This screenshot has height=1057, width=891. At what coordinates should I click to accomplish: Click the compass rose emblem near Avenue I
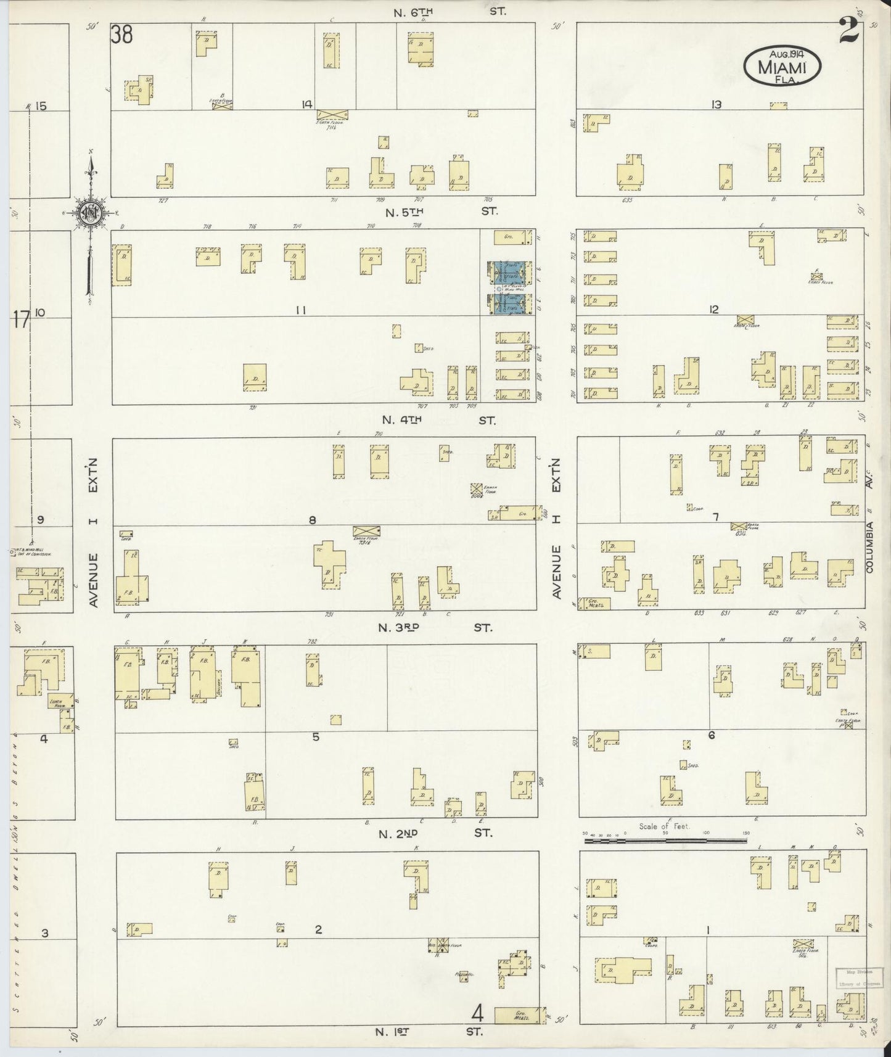pyautogui.click(x=90, y=213)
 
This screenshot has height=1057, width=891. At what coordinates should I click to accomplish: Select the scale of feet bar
pyautogui.click(x=666, y=839)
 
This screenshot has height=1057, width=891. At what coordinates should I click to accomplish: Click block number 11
pyautogui.click(x=300, y=310)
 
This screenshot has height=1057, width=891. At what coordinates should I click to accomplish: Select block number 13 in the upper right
pyautogui.click(x=716, y=105)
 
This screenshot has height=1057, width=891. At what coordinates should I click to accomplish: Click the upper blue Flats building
pyautogui.click(x=509, y=271)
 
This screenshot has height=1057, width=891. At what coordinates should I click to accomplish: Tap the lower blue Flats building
pyautogui.click(x=509, y=303)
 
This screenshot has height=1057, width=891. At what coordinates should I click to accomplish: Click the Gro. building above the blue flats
pyautogui.click(x=512, y=237)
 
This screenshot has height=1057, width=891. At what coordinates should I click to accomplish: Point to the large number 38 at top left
pyautogui.click(x=121, y=35)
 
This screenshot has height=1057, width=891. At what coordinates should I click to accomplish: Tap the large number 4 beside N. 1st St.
pyautogui.click(x=477, y=1013)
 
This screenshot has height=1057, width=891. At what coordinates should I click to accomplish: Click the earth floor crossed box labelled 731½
pyautogui.click(x=366, y=531)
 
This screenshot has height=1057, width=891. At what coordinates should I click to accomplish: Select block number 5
pyautogui.click(x=315, y=736)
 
